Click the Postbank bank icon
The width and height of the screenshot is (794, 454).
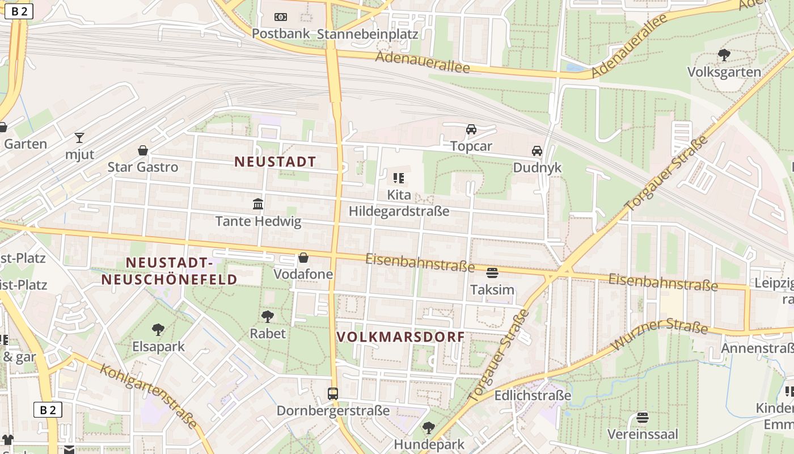(x=280, y=17)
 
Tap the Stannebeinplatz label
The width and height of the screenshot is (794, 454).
(x=368, y=34)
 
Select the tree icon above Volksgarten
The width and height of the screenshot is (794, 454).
(x=724, y=55)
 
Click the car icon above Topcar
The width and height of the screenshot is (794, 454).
(x=471, y=129)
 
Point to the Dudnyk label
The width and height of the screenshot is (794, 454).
(x=537, y=168)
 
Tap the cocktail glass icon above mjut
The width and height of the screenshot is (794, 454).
(x=79, y=137)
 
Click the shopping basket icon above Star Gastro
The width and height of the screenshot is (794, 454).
(x=143, y=150)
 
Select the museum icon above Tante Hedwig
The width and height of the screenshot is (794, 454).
(x=258, y=204)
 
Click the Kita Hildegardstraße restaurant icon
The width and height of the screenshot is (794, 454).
(x=399, y=178)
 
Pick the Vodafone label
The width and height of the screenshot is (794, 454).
(x=303, y=274)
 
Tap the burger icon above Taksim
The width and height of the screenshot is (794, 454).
(x=492, y=273)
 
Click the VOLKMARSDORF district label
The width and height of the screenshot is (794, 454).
(x=400, y=337)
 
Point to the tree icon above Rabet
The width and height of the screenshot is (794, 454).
(x=268, y=316)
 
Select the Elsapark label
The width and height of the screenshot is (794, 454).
(x=158, y=346)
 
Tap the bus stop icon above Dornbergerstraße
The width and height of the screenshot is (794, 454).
(x=333, y=393)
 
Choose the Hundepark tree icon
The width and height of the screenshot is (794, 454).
(x=429, y=427)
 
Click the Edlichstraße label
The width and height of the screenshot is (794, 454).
(x=533, y=396)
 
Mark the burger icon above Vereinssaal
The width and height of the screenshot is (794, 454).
(x=642, y=418)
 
